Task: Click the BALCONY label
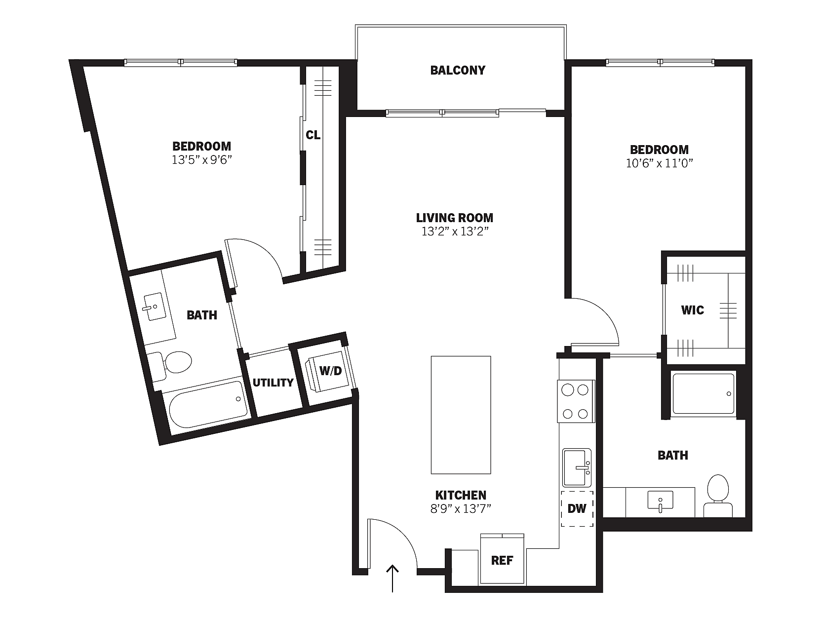(x=458, y=70)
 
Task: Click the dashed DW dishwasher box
(x=577, y=509)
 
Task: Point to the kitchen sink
(x=577, y=467)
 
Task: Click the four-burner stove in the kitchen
(x=576, y=401)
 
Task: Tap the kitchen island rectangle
(x=461, y=415)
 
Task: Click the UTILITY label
(x=273, y=383)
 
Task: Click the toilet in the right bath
(x=718, y=496)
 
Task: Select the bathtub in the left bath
(x=207, y=404)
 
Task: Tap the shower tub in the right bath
(x=704, y=393)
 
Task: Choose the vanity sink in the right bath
(x=660, y=501)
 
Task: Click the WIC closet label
(x=693, y=310)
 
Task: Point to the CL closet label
(x=313, y=135)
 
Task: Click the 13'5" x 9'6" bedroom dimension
(x=202, y=160)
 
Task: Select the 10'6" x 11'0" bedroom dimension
(x=659, y=163)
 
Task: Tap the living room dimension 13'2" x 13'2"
(x=455, y=231)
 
